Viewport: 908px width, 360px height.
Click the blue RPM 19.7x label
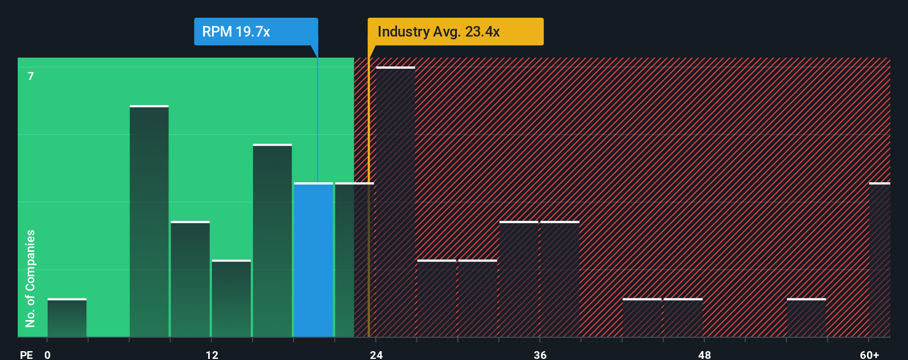coord(256,32)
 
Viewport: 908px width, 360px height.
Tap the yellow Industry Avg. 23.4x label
coord(455,32)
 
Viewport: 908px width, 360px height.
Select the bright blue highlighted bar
coord(313,260)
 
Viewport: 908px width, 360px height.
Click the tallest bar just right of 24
coord(395,202)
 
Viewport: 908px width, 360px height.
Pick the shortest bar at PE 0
coord(67,318)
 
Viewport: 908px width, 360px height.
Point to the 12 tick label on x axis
coord(212,354)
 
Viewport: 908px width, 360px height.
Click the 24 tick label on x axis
coord(376,354)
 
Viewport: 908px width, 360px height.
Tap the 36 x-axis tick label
coord(540,354)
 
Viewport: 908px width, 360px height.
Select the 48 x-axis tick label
coord(704,354)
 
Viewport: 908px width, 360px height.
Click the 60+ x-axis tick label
coord(869,354)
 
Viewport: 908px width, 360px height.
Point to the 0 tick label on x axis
coord(48,354)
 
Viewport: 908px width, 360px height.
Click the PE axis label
coord(26,354)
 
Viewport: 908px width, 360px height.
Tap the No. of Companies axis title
coord(30,278)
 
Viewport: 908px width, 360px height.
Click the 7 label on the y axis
coord(31,76)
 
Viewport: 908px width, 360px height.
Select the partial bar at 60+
coord(879,260)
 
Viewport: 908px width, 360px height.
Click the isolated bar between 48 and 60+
coord(806,318)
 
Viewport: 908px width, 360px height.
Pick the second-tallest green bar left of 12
coord(149,222)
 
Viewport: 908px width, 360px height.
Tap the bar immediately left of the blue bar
coord(272,241)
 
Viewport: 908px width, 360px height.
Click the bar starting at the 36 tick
coord(560,280)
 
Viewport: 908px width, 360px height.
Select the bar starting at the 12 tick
coord(231,299)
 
